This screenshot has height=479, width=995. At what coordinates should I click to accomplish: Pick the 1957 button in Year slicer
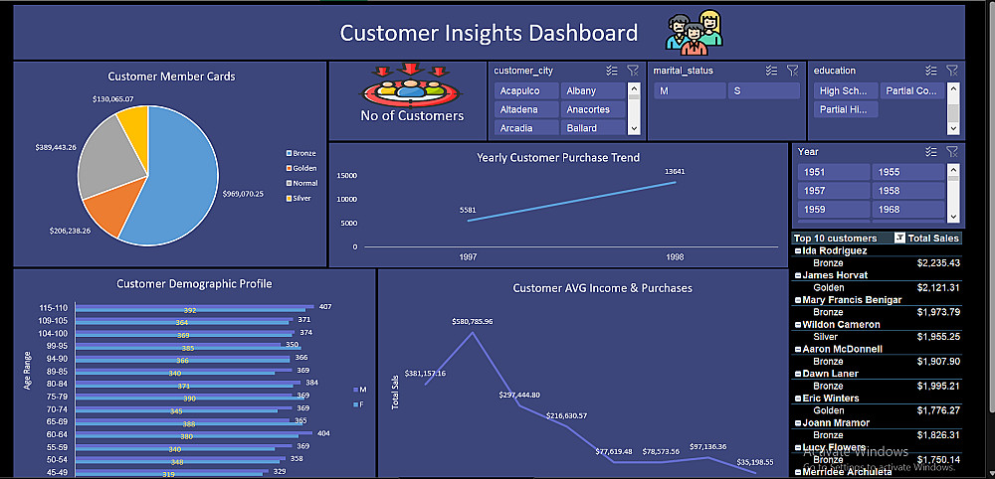pyautogui.click(x=833, y=190)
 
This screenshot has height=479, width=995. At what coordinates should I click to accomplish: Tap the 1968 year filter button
pyautogui.click(x=906, y=210)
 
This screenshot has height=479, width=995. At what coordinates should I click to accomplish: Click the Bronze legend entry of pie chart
pyautogui.click(x=302, y=153)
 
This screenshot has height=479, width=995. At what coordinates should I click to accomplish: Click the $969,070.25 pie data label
pyautogui.click(x=243, y=193)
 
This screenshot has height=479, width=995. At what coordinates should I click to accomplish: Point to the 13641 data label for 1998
pyautogui.click(x=675, y=171)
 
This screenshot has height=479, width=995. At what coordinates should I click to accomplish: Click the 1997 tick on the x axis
pyautogui.click(x=468, y=257)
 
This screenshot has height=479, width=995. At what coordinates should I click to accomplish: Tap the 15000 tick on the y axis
pyautogui.click(x=347, y=176)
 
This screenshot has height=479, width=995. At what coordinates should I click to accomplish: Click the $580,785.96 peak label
pyautogui.click(x=472, y=322)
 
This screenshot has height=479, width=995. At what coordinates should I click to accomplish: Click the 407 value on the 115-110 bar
pyautogui.click(x=325, y=306)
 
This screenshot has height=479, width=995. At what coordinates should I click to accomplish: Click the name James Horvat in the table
pyautogui.click(x=837, y=275)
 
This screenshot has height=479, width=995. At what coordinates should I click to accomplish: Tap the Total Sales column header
pyautogui.click(x=933, y=239)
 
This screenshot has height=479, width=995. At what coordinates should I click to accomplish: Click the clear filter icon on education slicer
pyautogui.click(x=952, y=71)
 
